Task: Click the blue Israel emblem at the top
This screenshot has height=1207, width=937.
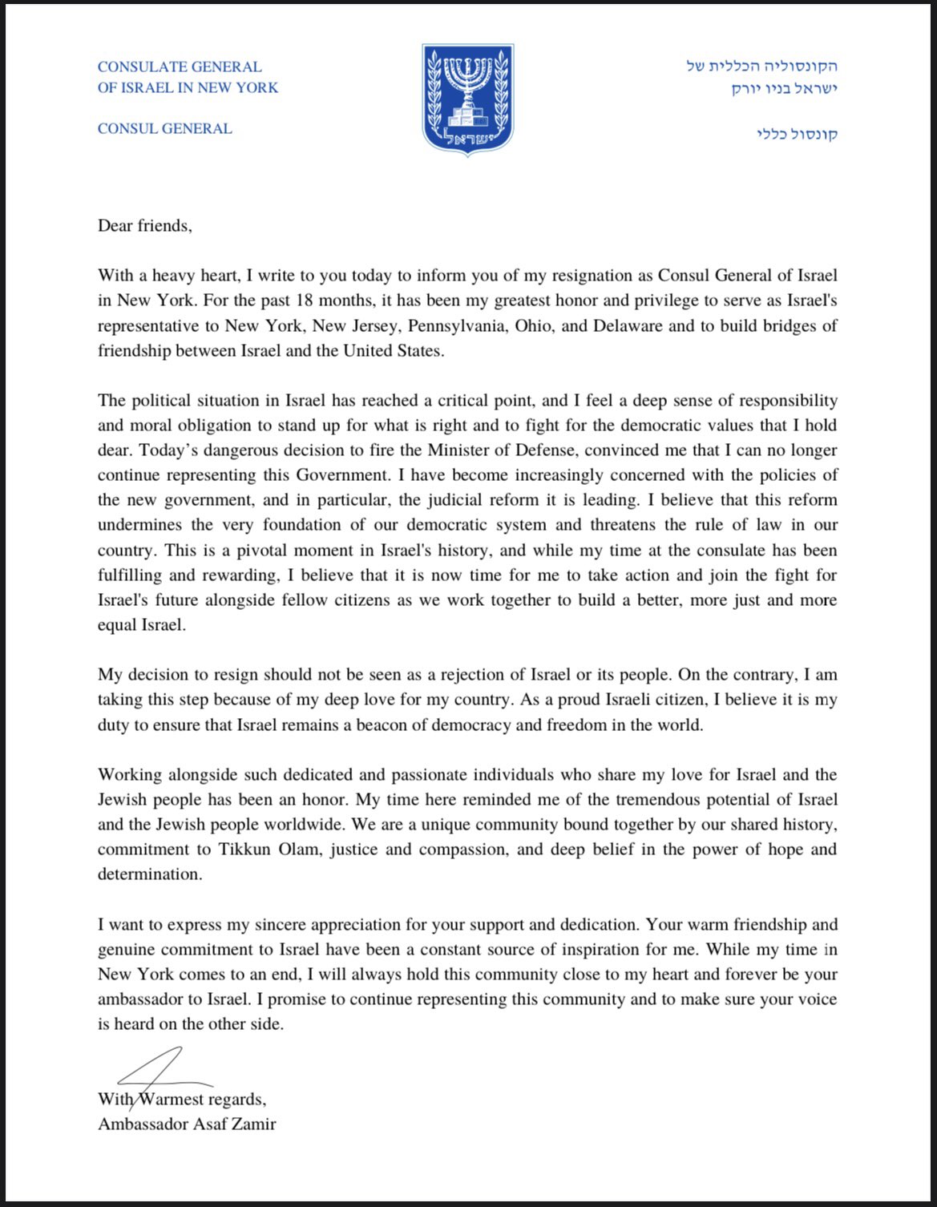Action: tap(468, 99)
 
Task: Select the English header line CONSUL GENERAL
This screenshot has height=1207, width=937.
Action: tap(164, 128)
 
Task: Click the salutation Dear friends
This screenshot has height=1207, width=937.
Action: tap(144, 226)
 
